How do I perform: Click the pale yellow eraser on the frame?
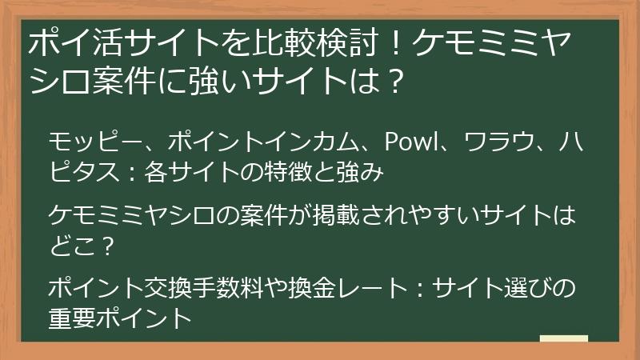563,338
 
